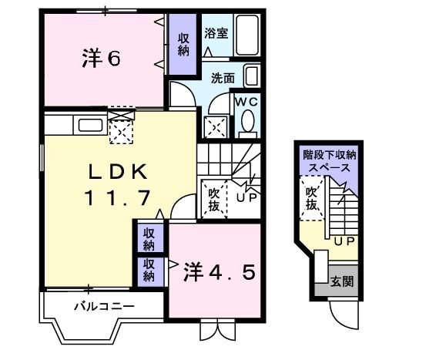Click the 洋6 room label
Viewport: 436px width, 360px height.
[100, 59]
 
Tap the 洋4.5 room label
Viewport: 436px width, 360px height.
[218, 273]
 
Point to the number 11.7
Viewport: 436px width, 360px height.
[116, 198]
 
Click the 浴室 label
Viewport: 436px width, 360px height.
[216, 33]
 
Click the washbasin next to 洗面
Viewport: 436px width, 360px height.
[253, 76]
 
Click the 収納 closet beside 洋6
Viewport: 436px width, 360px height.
[183, 45]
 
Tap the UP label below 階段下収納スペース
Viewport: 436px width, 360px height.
[344, 241]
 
